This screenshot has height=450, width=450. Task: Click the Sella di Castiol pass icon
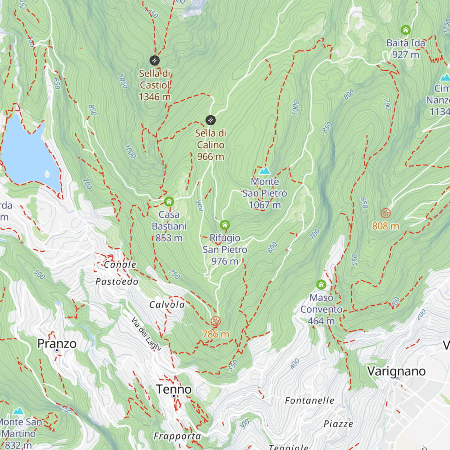pyautogui.click(x=154, y=60)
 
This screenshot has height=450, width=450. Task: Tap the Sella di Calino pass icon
pyautogui.click(x=211, y=120)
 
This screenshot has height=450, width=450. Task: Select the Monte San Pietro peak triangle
pyautogui.click(x=265, y=171)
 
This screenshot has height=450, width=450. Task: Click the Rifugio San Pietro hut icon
pyautogui.click(x=225, y=225)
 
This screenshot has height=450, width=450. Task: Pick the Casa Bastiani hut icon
pyautogui.click(x=169, y=202)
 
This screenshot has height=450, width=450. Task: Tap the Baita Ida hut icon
pyautogui.click(x=405, y=30)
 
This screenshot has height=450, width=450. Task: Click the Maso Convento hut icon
pyautogui.click(x=321, y=285)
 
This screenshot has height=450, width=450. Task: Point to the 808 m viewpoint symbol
pyautogui.click(x=385, y=213)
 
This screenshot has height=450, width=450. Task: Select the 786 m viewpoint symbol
pyautogui.click(x=216, y=321)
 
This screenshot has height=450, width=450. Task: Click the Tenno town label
pyautogui.click(x=174, y=389)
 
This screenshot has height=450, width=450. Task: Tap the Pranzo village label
pyautogui.click(x=57, y=344)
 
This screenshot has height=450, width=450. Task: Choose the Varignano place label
pyautogui.click(x=396, y=371)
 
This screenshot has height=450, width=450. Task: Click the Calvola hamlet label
pyautogui.click(x=167, y=304)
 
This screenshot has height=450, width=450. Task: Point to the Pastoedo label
pyautogui.click(x=117, y=282)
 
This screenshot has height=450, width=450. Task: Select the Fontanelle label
pyautogui.click(x=309, y=400)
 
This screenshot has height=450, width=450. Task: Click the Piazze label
pyautogui.click(x=338, y=424)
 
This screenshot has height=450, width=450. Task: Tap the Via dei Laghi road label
pyautogui.click(x=146, y=334)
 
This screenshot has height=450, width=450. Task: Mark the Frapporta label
pyautogui.click(x=177, y=436)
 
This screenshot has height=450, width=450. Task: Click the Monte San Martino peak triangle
pyautogui.click(x=18, y=411)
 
